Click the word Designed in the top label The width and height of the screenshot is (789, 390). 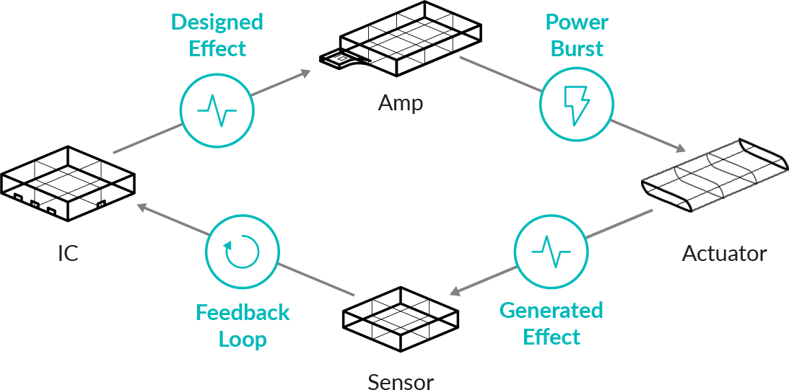tap(217, 22)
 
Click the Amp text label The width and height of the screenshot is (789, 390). tap(401, 103)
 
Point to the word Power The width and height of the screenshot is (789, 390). tap(576, 22)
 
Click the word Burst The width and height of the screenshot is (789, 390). tap(576, 49)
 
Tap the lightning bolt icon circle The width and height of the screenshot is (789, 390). tap(577, 104)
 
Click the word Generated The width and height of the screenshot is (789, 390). tap(552, 311)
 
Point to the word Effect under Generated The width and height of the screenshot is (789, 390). tap(552, 337)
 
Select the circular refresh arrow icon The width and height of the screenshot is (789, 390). tap(242, 249)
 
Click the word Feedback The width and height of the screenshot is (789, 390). tap(243, 312)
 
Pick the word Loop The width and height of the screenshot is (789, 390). tap(243, 339)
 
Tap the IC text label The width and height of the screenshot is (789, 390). tap(68, 254)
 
